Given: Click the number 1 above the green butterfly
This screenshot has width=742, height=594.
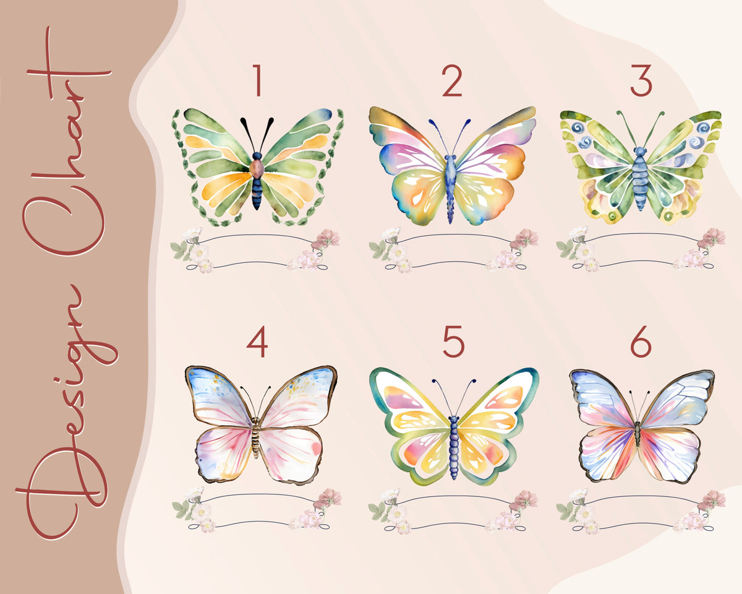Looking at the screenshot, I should coord(257,82).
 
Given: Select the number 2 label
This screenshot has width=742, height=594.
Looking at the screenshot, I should coord(452,82).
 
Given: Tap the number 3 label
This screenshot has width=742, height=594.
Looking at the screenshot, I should coord(641,82).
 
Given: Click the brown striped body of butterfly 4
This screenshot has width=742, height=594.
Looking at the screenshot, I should coord(256,436).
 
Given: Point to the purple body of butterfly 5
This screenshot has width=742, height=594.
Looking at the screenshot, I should coord(454,442).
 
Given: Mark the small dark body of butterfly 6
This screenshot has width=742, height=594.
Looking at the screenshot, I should coord(638,433).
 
